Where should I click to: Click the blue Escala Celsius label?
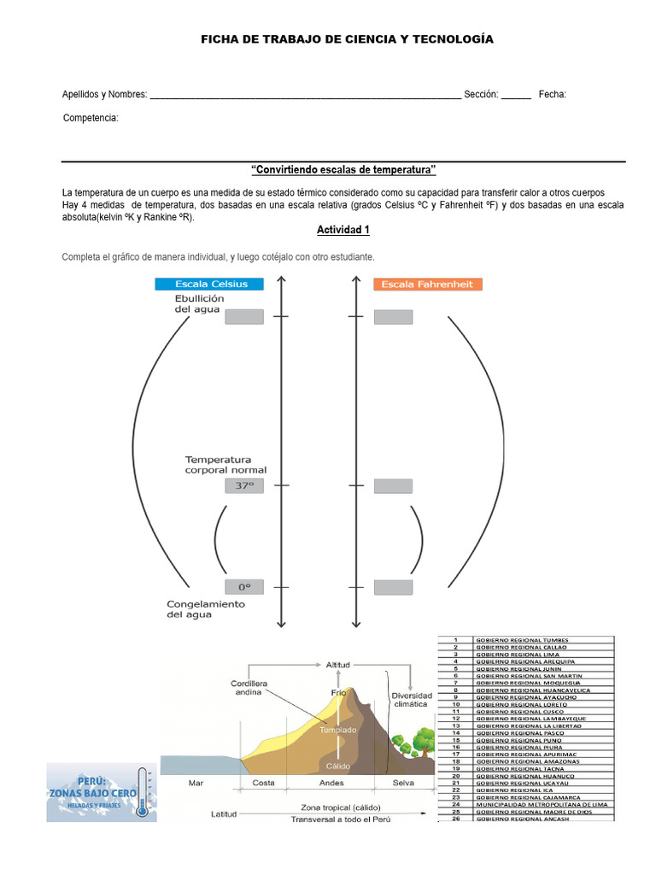(208, 284)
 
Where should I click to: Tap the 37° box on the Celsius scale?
(244, 485)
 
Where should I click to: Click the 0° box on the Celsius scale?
(244, 587)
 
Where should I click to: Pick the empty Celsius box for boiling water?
(244, 316)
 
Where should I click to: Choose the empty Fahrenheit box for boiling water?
(393, 316)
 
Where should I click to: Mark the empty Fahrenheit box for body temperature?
(393, 485)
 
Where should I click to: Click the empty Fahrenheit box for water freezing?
(393, 587)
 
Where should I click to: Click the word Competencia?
(91, 118)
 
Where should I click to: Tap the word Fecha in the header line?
(552, 94)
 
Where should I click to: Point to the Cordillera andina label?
(249, 689)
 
